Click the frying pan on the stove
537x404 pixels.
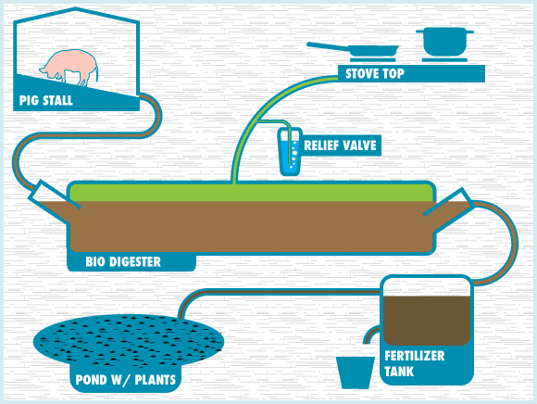[356, 49]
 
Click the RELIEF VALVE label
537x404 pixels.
[342, 145]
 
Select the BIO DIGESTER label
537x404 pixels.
[123, 262]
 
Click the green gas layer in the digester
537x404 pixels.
[250, 193]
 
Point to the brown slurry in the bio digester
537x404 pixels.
[250, 227]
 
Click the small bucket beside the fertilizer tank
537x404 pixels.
[354, 372]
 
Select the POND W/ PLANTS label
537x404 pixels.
[124, 380]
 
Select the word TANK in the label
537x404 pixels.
[399, 372]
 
